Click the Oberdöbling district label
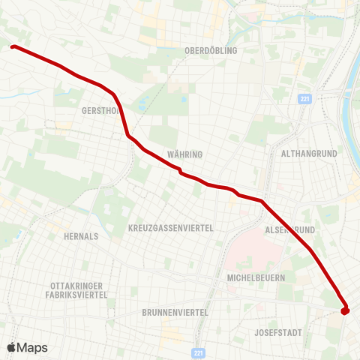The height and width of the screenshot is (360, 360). tap(211, 50)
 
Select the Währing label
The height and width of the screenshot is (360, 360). tap(185, 154)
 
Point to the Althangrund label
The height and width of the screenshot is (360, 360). tap(308, 153)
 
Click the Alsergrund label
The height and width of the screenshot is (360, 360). tap(290, 229)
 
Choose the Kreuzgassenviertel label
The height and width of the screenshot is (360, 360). tap(171, 227)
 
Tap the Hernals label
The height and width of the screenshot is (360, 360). tap(82, 235)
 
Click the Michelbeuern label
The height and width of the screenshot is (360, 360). tap(256, 277)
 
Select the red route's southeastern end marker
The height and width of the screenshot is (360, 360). tap(345, 310)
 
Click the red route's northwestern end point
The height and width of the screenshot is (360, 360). tap(13, 47)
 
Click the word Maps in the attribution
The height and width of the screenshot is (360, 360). tap(33, 347)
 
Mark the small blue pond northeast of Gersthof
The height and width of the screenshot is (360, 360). tap(142, 103)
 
